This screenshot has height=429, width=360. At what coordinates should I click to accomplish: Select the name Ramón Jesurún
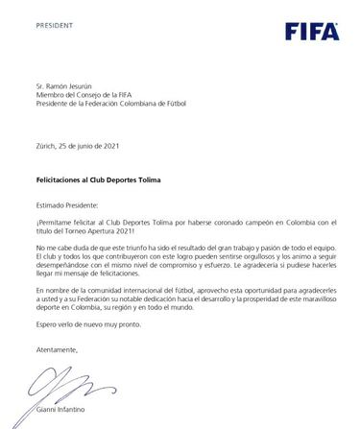pos(75,85)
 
